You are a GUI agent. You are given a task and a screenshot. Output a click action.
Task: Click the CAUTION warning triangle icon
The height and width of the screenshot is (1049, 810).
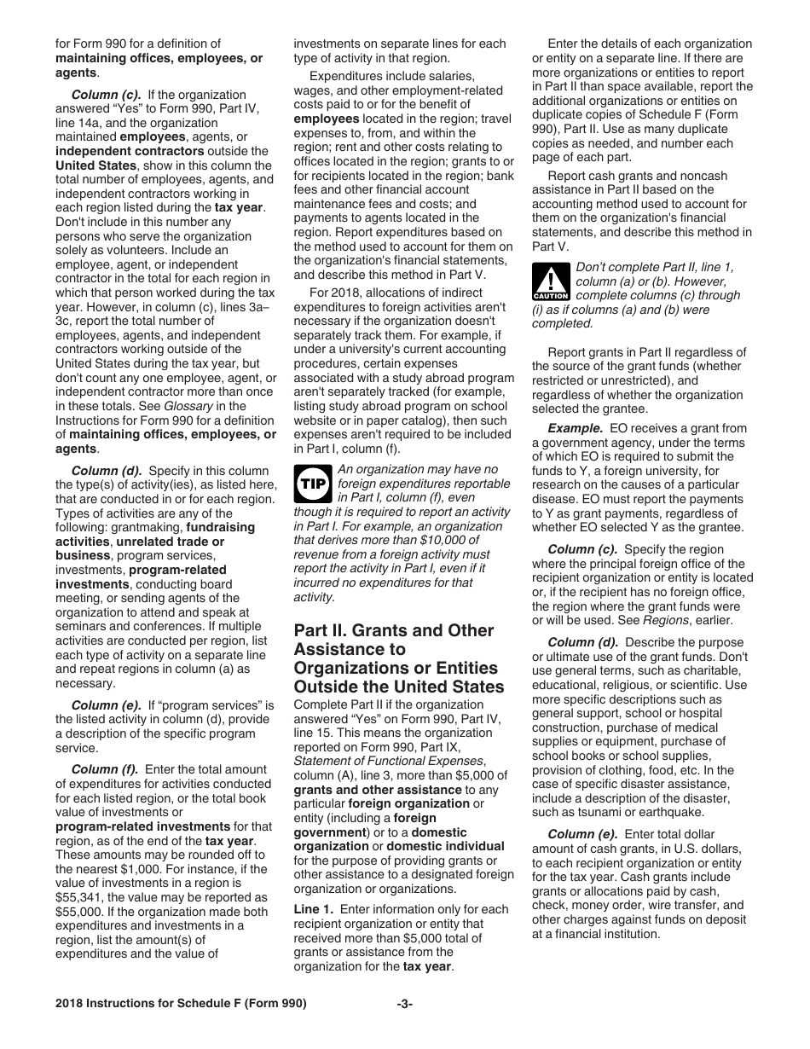point(549,281)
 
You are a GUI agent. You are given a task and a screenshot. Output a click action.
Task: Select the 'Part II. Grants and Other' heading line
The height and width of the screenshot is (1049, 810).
point(393,630)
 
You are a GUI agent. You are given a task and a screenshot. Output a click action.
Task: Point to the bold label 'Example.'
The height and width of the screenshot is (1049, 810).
point(576,428)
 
